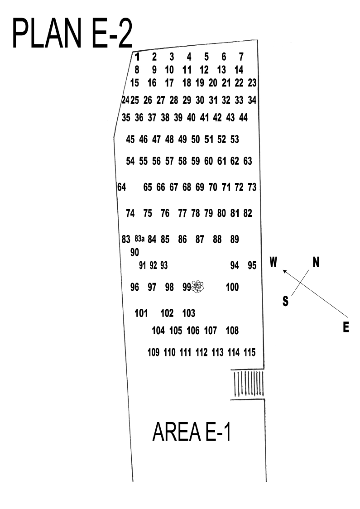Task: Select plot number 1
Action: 137,57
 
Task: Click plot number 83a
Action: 139,239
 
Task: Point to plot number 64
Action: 121,187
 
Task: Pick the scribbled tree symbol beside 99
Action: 198,287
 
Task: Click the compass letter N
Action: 316,262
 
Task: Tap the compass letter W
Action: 273,262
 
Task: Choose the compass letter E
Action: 346,328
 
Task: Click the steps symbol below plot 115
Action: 247,384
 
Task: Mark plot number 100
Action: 232,287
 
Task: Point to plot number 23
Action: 252,83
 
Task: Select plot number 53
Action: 235,139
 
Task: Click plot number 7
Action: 241,57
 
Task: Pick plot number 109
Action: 154,352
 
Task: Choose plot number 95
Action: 252,266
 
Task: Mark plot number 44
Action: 243,118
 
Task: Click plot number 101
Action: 142,313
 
